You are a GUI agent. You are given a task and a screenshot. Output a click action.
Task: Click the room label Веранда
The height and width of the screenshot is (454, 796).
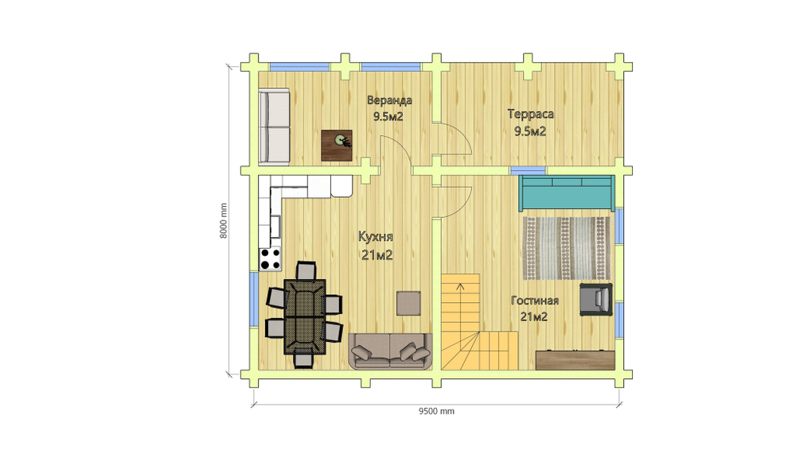coord(389,100)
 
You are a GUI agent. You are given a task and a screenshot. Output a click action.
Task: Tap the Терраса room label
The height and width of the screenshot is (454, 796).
coord(530,114)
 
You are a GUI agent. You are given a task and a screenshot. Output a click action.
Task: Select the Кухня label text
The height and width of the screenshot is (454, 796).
coord(376,236)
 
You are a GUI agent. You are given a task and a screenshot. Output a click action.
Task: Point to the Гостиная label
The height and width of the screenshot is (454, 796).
coord(535,301)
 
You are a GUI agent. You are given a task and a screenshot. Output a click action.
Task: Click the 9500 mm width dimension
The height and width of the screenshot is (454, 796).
coord(436,411)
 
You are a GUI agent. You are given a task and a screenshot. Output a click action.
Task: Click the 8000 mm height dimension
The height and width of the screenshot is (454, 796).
coord(224,221)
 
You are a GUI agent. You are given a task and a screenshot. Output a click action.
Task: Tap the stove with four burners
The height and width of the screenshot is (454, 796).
coord(270,258)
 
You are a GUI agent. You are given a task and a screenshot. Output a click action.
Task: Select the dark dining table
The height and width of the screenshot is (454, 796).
coord(305,316)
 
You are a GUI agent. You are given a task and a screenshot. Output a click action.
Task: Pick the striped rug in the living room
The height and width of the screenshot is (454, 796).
coord(566,248)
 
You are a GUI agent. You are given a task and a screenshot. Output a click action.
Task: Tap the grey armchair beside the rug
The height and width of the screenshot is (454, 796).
coord(596,299)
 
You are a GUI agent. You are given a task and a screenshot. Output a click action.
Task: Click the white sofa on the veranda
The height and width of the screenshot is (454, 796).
coord(274,126)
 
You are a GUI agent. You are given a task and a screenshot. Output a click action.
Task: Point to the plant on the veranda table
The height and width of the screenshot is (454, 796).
coord(341,139)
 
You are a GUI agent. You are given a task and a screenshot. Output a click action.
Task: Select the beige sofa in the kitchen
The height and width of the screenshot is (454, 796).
coord(390,351)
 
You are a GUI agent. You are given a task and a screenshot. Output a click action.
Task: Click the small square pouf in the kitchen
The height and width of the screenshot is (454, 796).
coord(408,303)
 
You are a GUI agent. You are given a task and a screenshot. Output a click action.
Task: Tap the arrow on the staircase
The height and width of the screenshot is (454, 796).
coord(460,288)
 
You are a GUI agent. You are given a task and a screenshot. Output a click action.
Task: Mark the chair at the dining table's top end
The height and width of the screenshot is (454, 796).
coord(306,271)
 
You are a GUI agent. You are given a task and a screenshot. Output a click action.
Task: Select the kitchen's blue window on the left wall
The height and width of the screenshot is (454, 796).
coord(254,300)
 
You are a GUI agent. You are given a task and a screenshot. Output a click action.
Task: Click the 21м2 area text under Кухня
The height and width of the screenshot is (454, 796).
coord(377,254)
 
